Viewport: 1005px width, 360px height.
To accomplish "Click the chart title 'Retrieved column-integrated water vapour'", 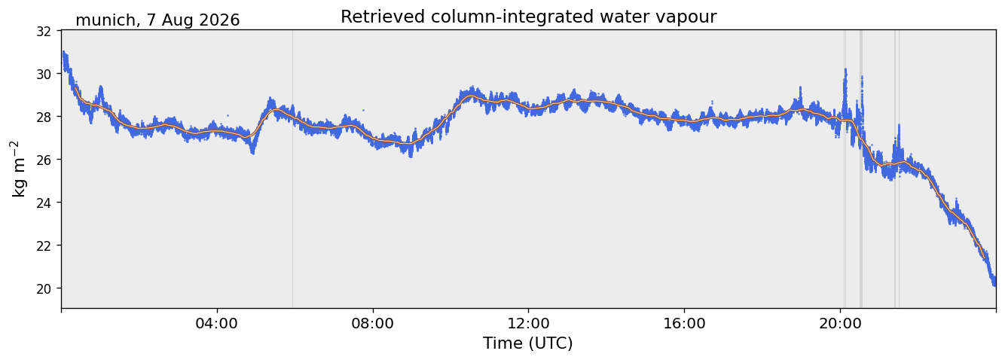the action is [529, 17].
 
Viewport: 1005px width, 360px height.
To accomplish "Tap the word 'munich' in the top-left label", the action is [105, 20].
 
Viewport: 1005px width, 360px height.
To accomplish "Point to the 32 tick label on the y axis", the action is [44, 32].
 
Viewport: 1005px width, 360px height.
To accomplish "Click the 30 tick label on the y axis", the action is [44, 74].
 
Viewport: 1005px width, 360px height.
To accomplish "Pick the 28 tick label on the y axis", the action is [44, 117].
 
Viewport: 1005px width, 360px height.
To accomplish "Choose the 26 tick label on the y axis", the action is [44, 160].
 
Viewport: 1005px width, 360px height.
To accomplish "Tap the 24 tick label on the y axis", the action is [44, 203].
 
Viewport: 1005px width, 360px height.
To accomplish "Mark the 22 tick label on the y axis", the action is [44, 246].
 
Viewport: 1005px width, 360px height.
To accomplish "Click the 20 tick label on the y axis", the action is [44, 288].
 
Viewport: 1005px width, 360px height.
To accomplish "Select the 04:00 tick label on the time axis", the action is [217, 323].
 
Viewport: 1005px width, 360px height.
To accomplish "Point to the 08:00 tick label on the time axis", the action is [372, 323].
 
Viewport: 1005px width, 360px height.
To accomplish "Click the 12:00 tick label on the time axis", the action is [528, 323].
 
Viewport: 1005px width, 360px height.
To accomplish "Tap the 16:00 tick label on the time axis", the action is [684, 323].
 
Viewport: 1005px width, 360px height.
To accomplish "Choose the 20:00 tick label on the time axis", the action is [840, 323].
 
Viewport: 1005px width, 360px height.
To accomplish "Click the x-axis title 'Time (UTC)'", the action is [527, 343].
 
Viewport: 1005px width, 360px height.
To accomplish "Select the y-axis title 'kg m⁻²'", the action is [19, 169].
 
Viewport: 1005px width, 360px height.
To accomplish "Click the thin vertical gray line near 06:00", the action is [292, 169].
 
